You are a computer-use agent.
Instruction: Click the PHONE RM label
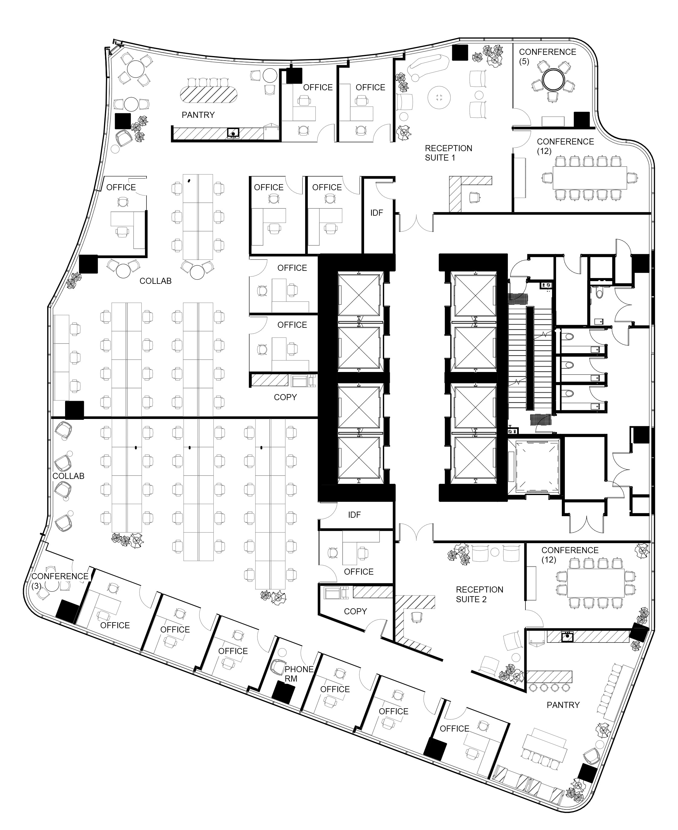[299, 674]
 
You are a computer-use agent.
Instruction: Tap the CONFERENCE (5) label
[547, 57]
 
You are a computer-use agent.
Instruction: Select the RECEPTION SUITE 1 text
[448, 153]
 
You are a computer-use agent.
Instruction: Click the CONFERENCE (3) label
[60, 581]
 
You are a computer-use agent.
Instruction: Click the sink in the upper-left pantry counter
[233, 133]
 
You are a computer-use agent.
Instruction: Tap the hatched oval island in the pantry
[209, 94]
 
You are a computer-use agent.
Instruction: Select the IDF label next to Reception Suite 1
[377, 213]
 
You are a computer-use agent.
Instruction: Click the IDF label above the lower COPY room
[354, 515]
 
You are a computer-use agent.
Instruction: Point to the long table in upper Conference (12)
[590, 178]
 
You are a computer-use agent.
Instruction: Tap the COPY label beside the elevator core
[285, 397]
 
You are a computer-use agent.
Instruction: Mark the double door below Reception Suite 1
[416, 223]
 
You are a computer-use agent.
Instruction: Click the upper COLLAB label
[156, 281]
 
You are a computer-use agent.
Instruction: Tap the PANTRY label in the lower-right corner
[563, 705]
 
